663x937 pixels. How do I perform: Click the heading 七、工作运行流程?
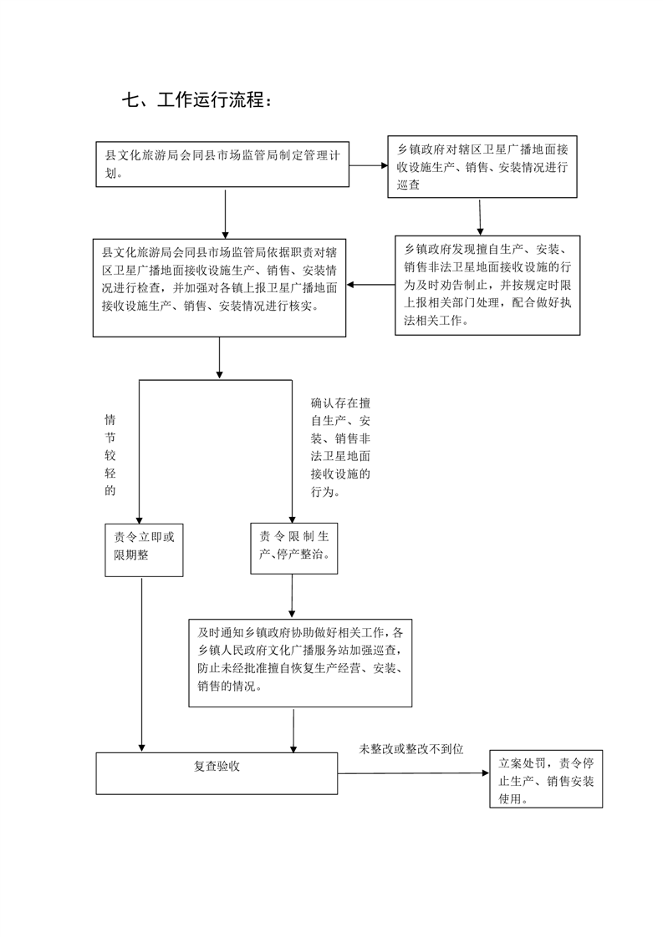click(x=197, y=99)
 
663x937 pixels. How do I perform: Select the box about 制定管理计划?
click(x=222, y=165)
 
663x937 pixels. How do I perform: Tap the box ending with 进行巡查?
click(x=482, y=167)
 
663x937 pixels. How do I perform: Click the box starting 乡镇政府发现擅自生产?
click(x=487, y=285)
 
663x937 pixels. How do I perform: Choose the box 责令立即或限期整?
click(x=144, y=550)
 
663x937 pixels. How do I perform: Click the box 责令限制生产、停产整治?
click(x=293, y=549)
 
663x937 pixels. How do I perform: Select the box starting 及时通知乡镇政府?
click(x=300, y=663)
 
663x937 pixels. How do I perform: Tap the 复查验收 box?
click(x=217, y=773)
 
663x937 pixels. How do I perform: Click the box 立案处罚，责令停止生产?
click(x=546, y=779)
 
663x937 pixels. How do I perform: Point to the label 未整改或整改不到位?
click(x=411, y=749)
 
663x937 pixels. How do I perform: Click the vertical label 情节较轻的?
click(x=110, y=455)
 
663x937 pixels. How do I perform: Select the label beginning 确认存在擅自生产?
click(x=340, y=447)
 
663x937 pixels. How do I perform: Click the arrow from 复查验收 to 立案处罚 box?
click(x=414, y=773)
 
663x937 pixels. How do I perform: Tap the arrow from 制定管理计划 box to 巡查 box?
click(x=369, y=165)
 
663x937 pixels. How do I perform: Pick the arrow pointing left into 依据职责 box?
click(x=370, y=285)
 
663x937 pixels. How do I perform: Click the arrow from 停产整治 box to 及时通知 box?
click(x=292, y=597)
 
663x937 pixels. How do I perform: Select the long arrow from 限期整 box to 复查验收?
click(x=142, y=665)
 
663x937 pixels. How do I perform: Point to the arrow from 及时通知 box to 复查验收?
click(x=293, y=730)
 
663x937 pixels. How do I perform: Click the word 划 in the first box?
click(x=111, y=174)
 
